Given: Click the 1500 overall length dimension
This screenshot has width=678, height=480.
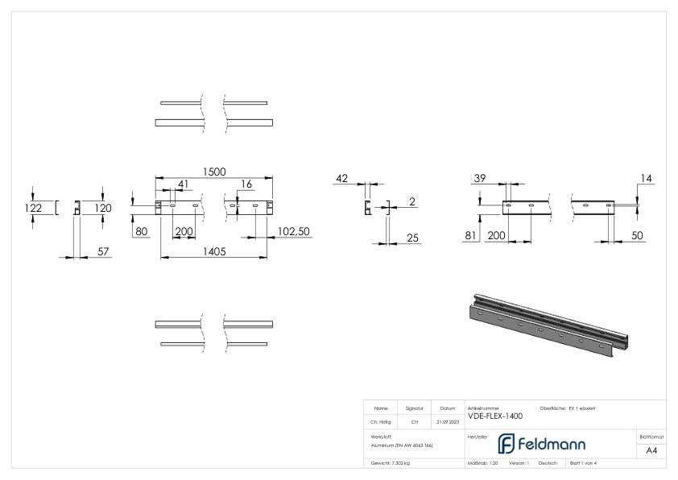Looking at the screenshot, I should pos(213,172).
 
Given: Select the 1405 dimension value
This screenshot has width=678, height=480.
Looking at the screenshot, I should pos(213,251).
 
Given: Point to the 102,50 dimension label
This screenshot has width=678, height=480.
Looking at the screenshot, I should pos(293,231).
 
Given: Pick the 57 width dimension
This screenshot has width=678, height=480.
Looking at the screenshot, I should pos(103,252).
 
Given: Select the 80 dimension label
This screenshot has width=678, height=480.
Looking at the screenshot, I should pos(143,231).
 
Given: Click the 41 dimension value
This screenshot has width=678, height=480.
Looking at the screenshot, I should pos(184,184).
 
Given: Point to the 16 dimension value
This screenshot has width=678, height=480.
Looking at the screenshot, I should pos(246,184).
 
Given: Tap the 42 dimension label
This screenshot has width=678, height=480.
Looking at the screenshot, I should pos(341,179).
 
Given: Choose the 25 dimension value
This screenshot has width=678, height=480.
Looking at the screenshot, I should pos(412,237).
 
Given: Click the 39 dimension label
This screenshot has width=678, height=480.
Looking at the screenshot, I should pos(480,178).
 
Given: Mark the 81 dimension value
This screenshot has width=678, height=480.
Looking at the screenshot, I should pos(471,235).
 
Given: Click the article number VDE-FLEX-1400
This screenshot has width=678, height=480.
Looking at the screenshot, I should pos(494,416).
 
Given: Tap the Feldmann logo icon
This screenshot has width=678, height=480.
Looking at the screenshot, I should pos(506,444).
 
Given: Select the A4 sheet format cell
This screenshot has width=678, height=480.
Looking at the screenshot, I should pos(651,450).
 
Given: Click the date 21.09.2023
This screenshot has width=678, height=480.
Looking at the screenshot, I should pos(447,421).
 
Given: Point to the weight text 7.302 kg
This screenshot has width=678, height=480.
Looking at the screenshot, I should pos(391,463).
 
